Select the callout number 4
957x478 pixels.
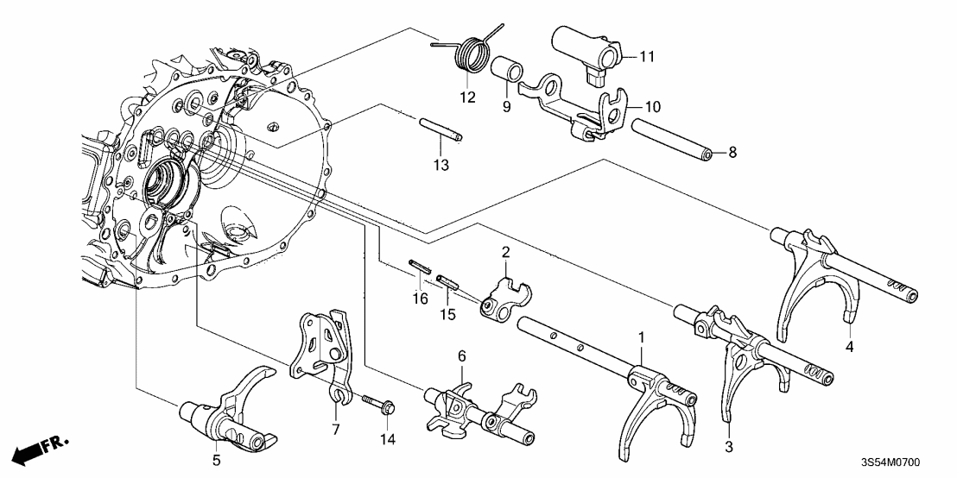(x=849, y=347)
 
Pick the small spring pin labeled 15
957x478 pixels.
(x=447, y=284)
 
